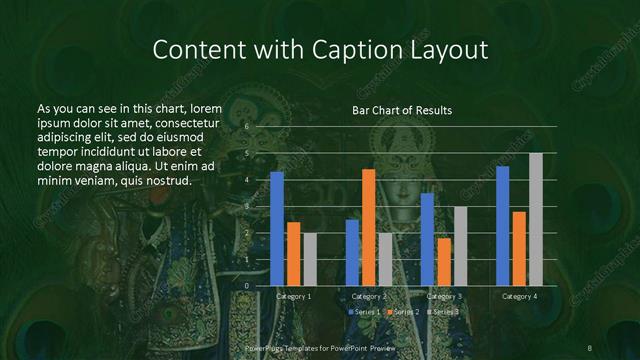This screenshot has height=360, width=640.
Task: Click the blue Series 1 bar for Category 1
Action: click(277, 229)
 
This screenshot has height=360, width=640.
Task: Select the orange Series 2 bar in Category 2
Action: click(369, 228)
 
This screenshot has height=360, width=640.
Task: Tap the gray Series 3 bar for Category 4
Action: click(535, 219)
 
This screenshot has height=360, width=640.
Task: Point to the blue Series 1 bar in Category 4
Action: click(502, 226)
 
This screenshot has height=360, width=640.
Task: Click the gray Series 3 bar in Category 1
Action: click(309, 259)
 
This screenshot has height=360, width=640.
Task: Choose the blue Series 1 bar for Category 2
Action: click(352, 253)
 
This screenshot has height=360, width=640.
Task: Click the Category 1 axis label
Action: click(293, 297)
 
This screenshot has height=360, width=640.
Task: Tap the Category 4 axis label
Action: click(519, 297)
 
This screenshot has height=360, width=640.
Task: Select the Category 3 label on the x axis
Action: click(444, 297)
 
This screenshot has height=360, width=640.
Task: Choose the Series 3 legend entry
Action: click(443, 313)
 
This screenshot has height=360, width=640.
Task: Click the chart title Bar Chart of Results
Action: click(402, 109)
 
